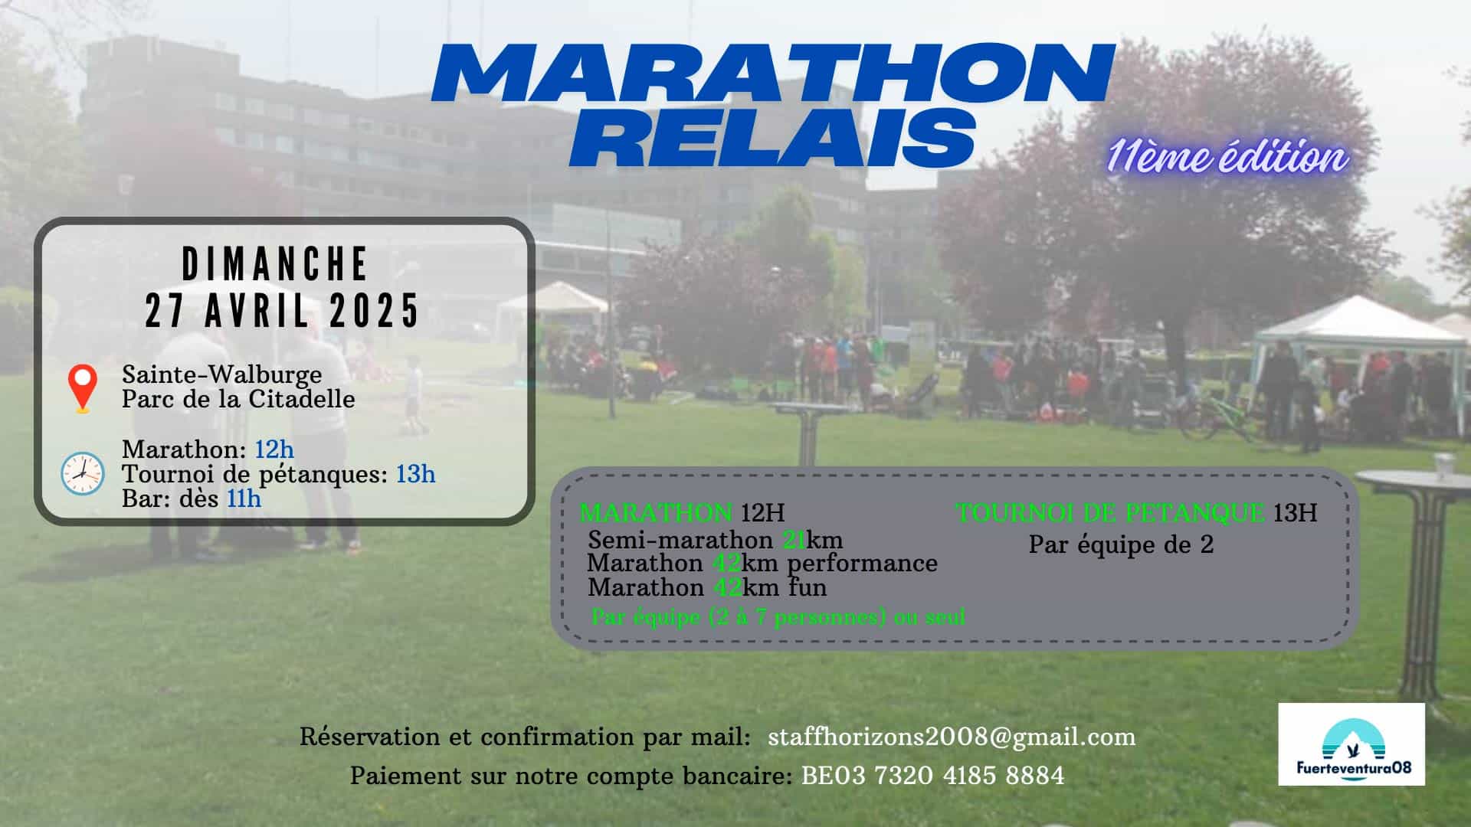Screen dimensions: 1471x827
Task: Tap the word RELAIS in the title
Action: (x=772, y=138)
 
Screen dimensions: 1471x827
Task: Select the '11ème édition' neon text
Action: (x=1227, y=157)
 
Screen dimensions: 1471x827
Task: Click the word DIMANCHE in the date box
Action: (x=275, y=264)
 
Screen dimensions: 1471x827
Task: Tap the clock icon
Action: (x=83, y=473)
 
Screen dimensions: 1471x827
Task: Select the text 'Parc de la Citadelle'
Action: (x=238, y=399)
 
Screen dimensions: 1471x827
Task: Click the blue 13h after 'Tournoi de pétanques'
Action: (x=415, y=474)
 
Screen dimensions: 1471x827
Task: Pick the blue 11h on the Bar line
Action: (x=244, y=498)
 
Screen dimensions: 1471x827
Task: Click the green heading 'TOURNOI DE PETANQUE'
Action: (x=1110, y=512)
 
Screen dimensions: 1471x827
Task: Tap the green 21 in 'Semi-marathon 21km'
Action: (x=794, y=540)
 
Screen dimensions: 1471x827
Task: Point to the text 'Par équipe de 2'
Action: (x=1121, y=544)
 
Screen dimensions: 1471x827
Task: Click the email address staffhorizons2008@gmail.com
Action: (x=952, y=737)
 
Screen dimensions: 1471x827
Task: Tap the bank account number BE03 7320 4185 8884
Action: (x=932, y=776)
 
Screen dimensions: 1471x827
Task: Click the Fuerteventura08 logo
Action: (x=1351, y=744)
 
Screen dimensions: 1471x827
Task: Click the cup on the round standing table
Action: (x=1444, y=466)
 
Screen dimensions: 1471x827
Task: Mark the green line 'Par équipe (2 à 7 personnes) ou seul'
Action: (x=778, y=616)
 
